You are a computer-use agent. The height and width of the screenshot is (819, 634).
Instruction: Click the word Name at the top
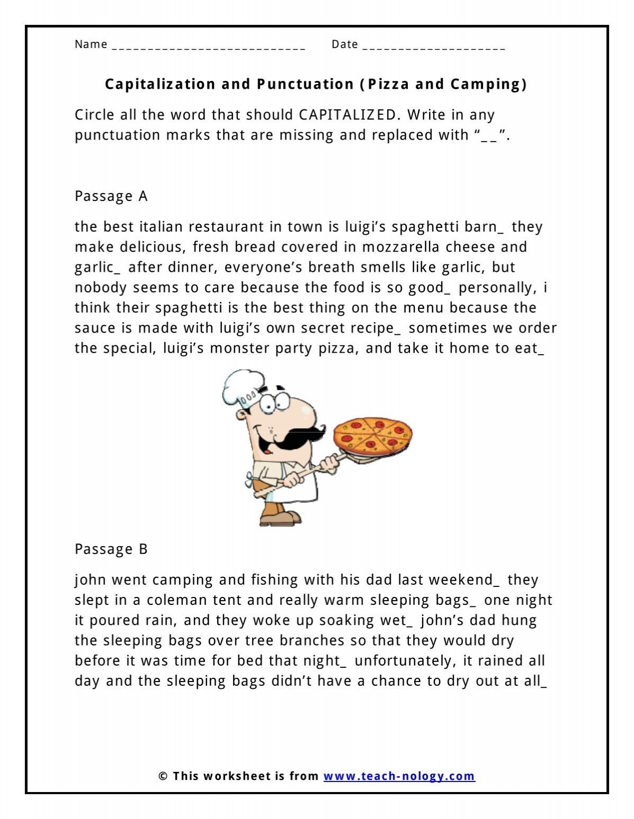click(91, 44)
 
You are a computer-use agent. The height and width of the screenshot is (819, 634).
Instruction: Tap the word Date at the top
click(344, 44)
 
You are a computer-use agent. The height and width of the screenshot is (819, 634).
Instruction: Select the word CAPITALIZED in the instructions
click(347, 115)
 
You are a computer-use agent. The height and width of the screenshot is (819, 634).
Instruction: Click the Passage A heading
click(111, 196)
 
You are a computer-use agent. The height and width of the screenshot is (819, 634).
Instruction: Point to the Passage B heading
click(111, 549)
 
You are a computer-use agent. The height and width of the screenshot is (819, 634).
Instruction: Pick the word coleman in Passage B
click(177, 600)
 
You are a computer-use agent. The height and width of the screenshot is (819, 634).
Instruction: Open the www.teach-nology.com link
click(399, 776)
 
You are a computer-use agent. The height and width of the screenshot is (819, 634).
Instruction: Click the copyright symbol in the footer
click(163, 776)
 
